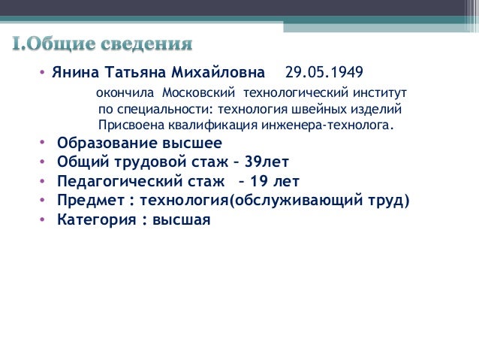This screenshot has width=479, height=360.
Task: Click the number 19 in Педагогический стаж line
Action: (262, 181)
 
